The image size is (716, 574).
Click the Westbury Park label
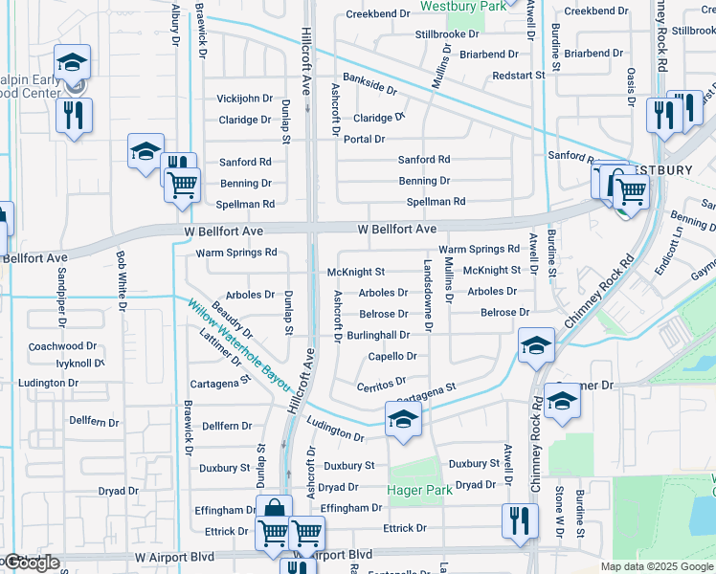463,7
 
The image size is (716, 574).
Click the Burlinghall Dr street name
378,335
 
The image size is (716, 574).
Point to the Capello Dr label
392,357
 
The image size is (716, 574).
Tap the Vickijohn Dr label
244,99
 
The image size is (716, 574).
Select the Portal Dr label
364,139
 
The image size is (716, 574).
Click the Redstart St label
518,75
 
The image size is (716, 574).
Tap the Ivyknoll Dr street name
79,364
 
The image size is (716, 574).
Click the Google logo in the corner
31,563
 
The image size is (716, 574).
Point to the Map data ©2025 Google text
656,566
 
